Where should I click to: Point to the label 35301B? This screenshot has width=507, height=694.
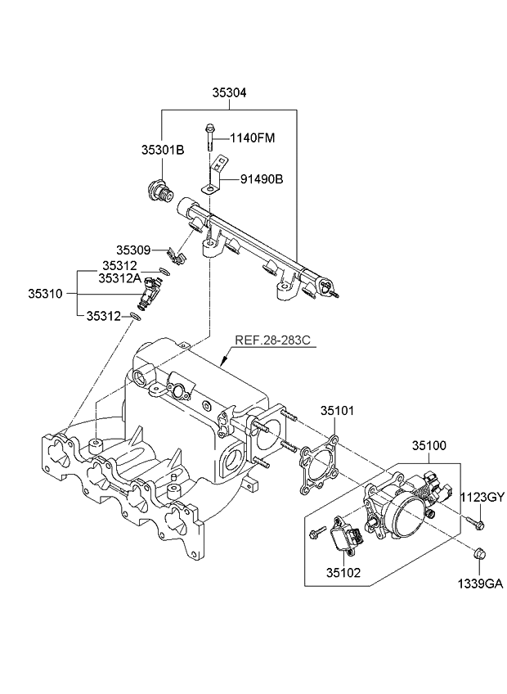click(163, 151)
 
